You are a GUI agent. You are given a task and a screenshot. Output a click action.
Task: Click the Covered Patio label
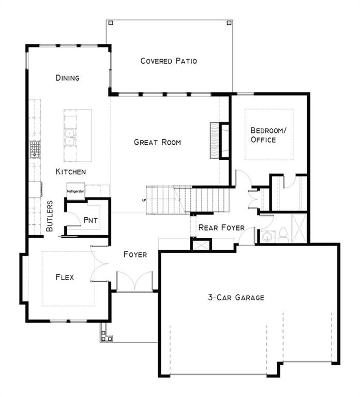click(169, 61)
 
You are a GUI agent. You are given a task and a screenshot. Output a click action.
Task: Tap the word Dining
click(67, 78)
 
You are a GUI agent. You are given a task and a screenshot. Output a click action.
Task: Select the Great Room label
click(157, 142)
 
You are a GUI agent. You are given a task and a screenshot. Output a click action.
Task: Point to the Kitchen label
click(71, 172)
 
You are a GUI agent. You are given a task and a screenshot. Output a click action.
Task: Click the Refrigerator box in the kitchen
click(76, 191)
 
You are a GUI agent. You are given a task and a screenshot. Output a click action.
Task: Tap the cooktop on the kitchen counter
click(35, 149)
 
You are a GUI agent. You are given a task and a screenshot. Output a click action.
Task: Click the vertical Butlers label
click(50, 216)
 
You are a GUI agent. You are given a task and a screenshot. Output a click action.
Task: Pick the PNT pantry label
click(91, 220)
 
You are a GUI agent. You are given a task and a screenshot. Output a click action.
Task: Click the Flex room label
click(65, 277)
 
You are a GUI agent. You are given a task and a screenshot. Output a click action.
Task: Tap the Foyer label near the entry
click(135, 254)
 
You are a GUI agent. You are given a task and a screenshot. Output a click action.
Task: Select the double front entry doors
click(135, 281)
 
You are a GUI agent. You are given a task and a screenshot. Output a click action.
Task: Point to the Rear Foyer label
click(221, 227)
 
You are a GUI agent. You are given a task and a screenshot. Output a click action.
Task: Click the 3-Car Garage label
click(236, 297)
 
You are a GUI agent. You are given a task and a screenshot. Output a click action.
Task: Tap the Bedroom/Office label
click(268, 135)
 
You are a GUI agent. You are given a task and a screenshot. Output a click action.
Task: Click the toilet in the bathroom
click(282, 235)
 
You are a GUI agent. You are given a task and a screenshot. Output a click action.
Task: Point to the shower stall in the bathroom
click(299, 228)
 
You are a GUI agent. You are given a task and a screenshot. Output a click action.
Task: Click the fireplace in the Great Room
click(219, 141)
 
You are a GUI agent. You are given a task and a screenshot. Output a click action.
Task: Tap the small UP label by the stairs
click(144, 200)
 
